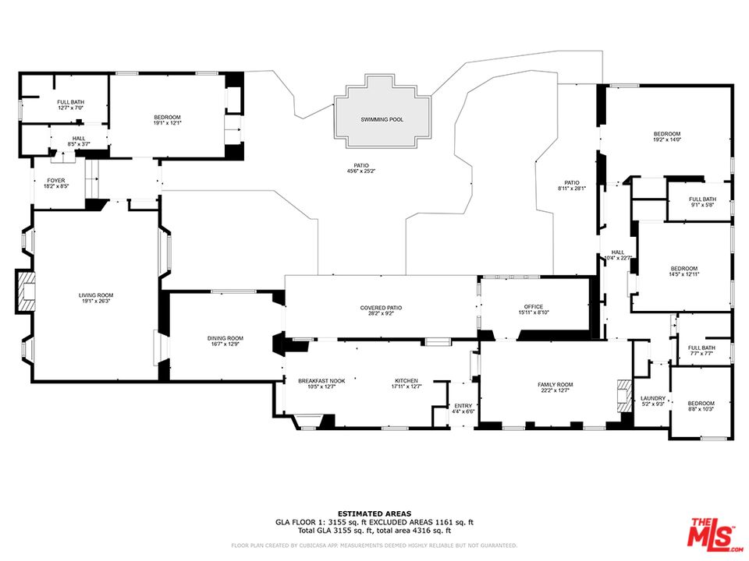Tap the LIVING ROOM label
point(96,295)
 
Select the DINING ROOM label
point(225,337)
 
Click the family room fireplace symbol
point(623,395)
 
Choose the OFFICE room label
point(534,306)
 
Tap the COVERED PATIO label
point(381,307)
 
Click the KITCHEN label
point(406,380)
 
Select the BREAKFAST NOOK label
point(321,380)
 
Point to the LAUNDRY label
point(652,397)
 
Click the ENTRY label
point(463,405)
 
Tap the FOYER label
point(56,180)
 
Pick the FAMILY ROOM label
point(555,384)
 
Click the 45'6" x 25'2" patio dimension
point(361,171)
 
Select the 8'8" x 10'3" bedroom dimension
point(701,409)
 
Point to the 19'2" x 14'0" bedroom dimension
point(667,140)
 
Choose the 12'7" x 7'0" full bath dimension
point(70,108)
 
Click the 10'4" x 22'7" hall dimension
point(618,258)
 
